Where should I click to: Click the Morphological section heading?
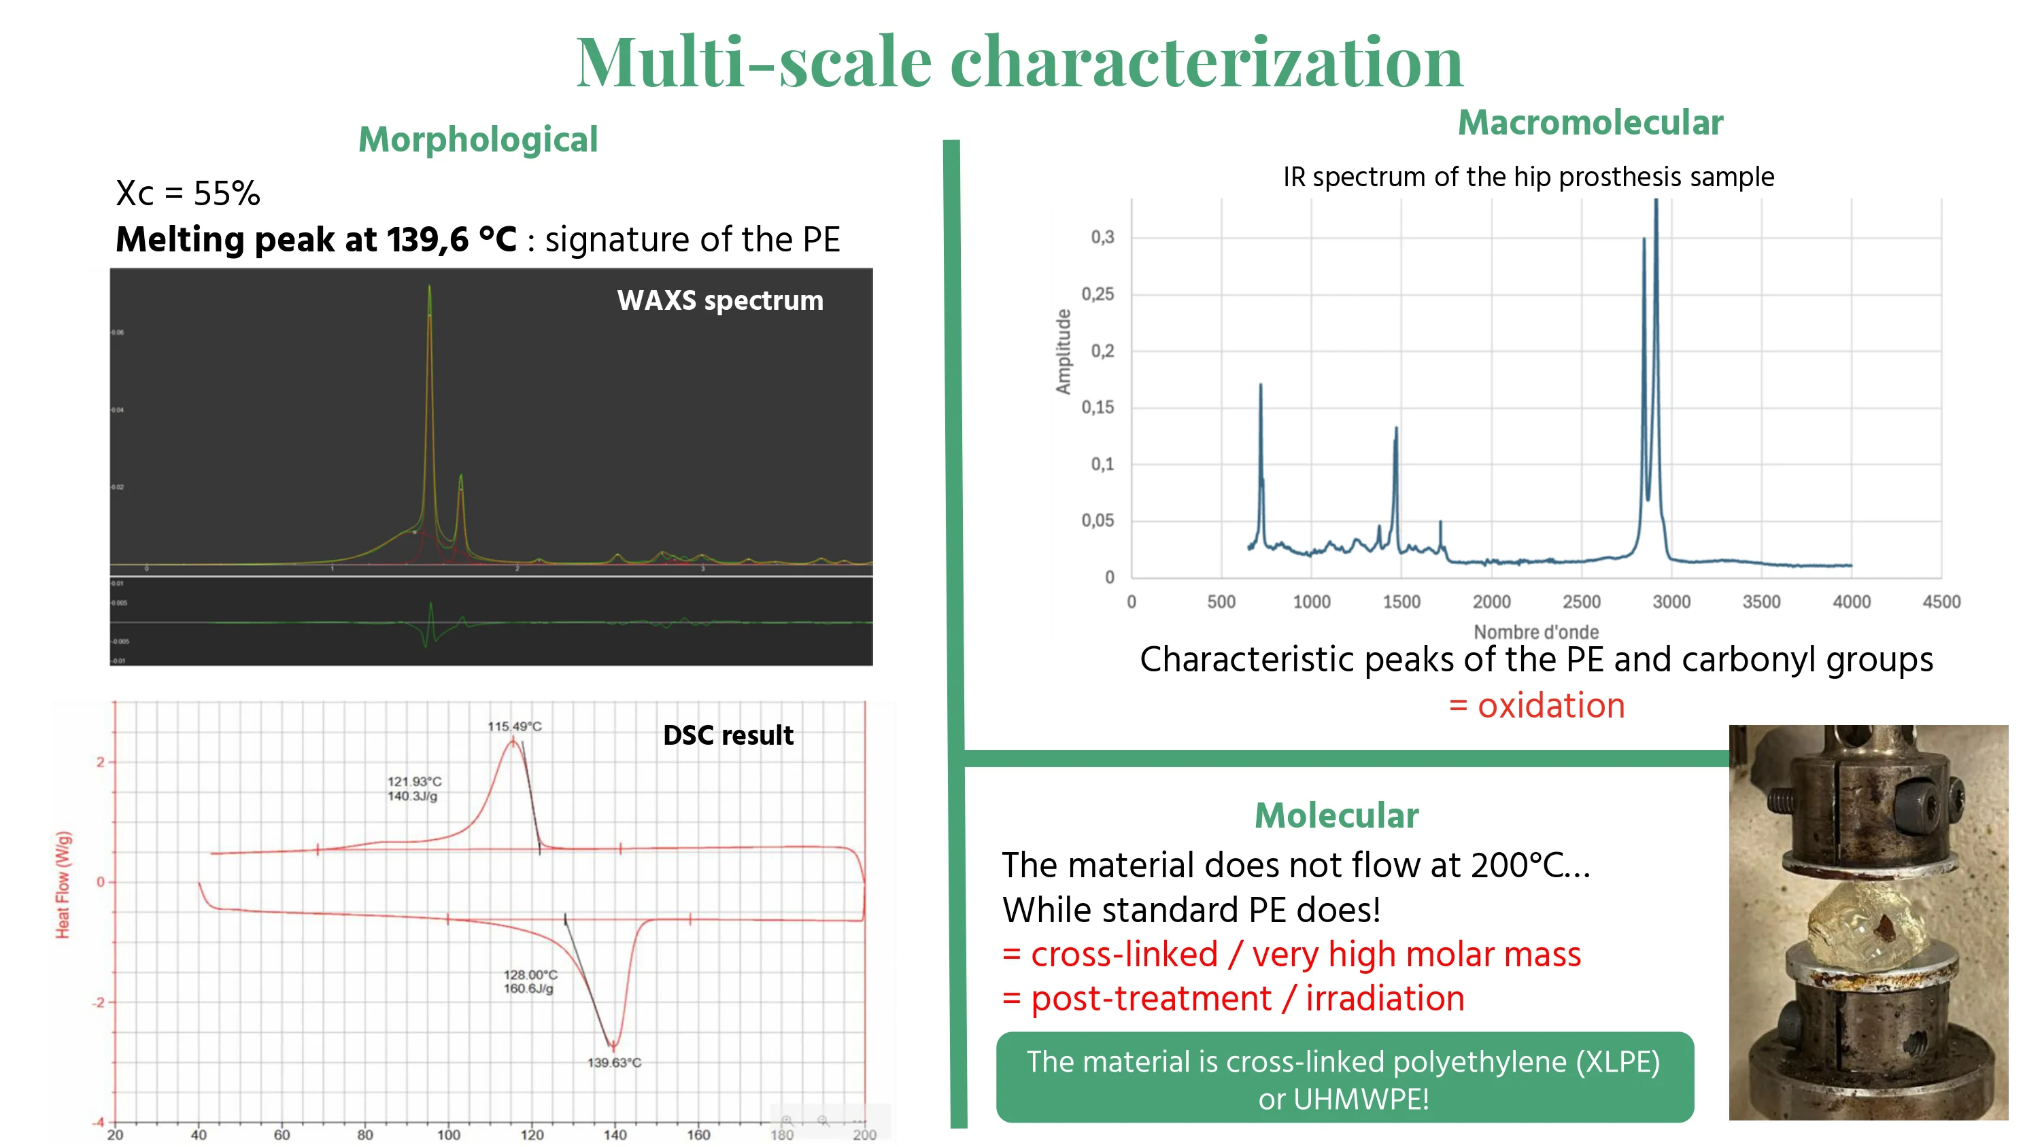click(x=477, y=140)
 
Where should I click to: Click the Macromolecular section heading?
click(x=1591, y=123)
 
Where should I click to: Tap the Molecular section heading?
click(x=1336, y=815)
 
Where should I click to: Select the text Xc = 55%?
click(x=188, y=194)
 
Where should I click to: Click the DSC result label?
click(x=727, y=735)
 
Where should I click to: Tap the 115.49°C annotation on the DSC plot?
click(x=514, y=726)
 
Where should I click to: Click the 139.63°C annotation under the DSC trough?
click(x=614, y=1062)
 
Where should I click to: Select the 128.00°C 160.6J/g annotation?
click(x=530, y=982)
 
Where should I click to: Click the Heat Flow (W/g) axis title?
click(x=63, y=884)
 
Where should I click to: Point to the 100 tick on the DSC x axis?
click(x=448, y=1134)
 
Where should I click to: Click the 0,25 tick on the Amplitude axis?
click(x=1098, y=294)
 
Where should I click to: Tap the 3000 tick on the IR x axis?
click(x=1671, y=601)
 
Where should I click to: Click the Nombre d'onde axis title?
click(x=1535, y=632)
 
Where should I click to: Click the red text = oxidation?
click(x=1536, y=705)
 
